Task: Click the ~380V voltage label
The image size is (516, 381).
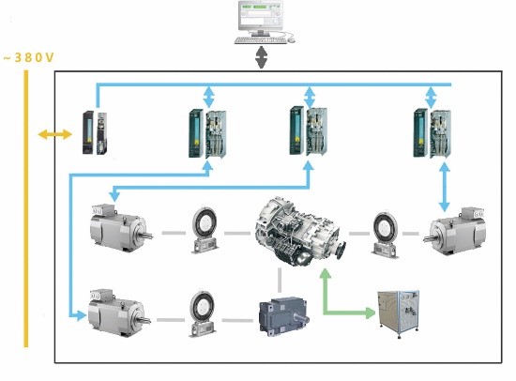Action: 28,57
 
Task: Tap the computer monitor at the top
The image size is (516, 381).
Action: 261,18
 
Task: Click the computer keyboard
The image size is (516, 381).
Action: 260,40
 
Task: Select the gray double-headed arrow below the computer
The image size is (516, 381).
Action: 261,57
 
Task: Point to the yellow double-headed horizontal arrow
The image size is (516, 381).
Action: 55,134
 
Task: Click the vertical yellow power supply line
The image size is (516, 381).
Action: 26,208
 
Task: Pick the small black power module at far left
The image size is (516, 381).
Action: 95,132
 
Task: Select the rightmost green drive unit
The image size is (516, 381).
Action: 433,133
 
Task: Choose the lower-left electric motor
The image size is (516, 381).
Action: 119,312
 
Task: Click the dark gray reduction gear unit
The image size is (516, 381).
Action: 283,316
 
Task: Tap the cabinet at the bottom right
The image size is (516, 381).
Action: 398,313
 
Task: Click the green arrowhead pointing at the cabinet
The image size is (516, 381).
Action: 371,312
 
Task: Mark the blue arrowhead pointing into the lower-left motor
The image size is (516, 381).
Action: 81,315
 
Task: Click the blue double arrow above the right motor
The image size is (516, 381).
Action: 445,188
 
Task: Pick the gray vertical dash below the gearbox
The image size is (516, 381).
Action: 280,280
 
